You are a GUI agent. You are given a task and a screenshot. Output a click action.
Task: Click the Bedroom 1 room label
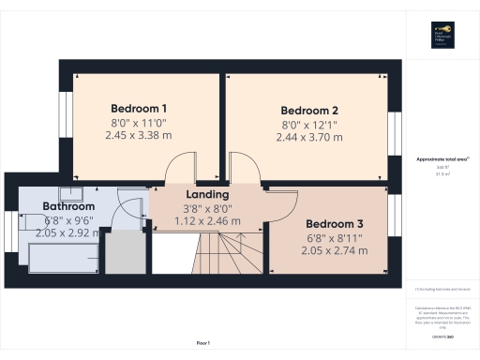(139, 107)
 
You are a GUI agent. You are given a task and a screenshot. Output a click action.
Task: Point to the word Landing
(206, 194)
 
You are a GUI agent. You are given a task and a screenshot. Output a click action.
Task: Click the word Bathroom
(68, 206)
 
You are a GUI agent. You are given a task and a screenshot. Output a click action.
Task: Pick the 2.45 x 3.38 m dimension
(139, 136)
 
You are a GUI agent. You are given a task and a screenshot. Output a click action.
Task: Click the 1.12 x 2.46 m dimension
(206, 221)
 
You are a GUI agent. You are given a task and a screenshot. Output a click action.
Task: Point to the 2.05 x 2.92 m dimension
(67, 233)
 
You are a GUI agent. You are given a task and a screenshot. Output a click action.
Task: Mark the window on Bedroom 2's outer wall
(394, 131)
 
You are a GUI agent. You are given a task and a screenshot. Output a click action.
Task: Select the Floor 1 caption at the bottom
(203, 344)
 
